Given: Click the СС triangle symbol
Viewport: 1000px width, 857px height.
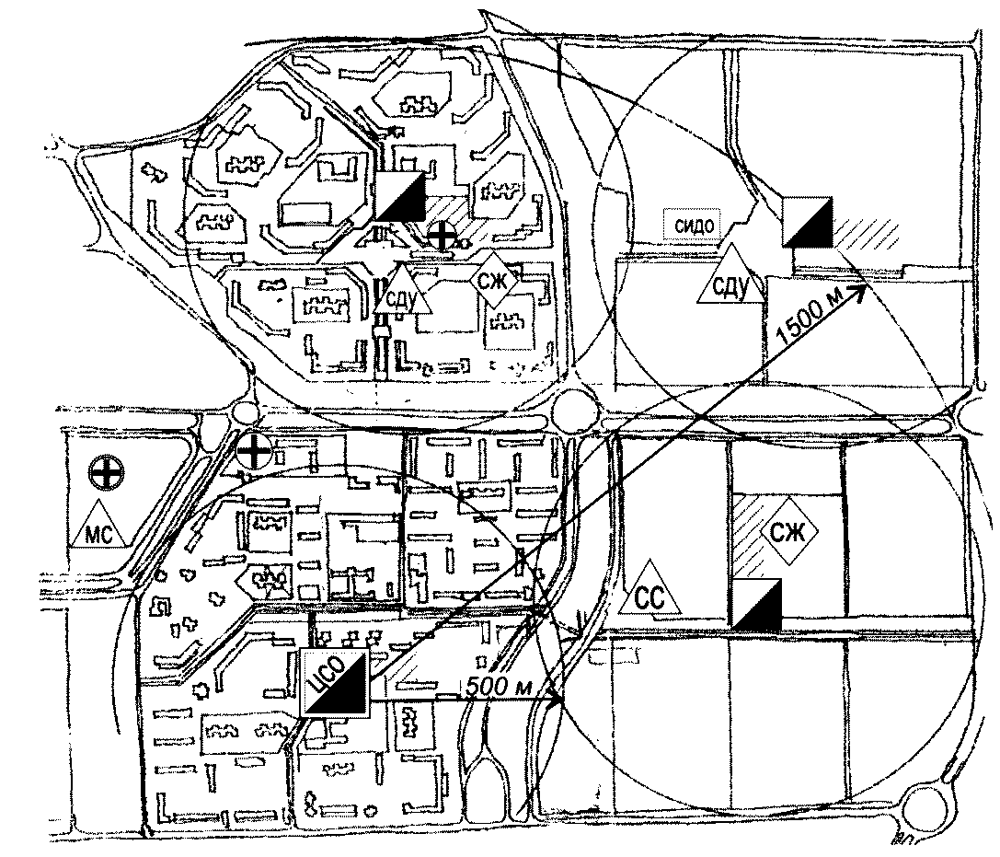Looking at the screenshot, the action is click(x=649, y=592).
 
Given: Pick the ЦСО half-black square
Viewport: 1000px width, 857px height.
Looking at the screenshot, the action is click(x=335, y=683).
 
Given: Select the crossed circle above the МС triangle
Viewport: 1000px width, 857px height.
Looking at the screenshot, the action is click(x=107, y=473).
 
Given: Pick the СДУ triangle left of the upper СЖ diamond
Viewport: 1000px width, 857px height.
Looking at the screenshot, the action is click(x=402, y=290).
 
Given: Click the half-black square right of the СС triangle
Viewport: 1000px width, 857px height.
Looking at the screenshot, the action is click(x=756, y=602).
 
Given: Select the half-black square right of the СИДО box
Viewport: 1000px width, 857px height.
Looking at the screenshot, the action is click(x=808, y=222).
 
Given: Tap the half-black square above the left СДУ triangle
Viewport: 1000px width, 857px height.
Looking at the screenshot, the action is click(x=400, y=196).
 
